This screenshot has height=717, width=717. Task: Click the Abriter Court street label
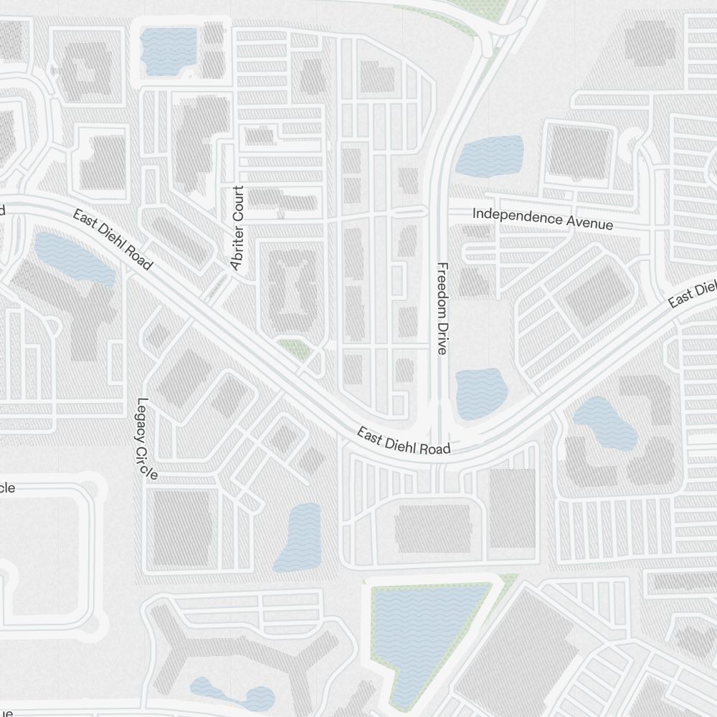pos(237,228)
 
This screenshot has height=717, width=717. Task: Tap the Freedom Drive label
pos(442,308)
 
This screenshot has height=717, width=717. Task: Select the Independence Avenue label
pos(543,219)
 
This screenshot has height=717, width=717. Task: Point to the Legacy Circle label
pos(146,438)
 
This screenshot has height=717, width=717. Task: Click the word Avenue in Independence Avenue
pos(590,223)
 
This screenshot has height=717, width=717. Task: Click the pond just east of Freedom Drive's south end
pos(481,393)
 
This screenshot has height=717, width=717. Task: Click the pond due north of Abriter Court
pos(169,48)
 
